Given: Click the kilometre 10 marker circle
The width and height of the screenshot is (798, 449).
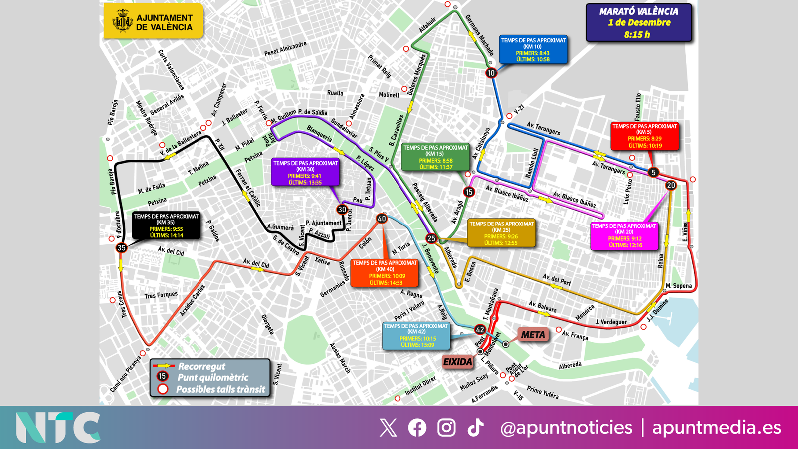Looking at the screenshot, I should click(x=491, y=73).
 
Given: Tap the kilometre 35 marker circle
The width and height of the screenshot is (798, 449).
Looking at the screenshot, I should click(x=121, y=247).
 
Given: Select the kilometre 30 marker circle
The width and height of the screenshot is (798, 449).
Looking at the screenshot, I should click(x=342, y=210).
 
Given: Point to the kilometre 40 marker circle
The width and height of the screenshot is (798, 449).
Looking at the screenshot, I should click(x=382, y=218).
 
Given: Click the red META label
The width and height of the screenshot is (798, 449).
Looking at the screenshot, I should click(x=533, y=335).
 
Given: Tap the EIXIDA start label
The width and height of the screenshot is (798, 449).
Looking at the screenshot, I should click(x=457, y=362).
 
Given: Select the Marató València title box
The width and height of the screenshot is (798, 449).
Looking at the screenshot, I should click(x=638, y=23).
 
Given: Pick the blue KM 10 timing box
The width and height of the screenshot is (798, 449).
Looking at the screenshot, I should click(x=533, y=50).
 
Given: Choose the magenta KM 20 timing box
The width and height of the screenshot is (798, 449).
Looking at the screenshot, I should click(x=624, y=235).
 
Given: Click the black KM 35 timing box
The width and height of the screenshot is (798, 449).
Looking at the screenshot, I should click(x=166, y=225).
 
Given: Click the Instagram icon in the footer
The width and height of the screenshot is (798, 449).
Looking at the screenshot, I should click(x=446, y=428).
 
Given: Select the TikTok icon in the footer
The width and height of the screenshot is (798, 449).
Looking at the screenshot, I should click(x=475, y=428).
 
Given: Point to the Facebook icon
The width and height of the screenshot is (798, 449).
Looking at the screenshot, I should click(x=417, y=428).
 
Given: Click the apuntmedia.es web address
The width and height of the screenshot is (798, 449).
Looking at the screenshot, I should click(x=716, y=428).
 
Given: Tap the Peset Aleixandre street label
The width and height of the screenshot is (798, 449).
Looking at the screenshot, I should click(x=285, y=49).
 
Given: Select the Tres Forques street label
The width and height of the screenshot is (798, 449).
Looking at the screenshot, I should click(x=161, y=295).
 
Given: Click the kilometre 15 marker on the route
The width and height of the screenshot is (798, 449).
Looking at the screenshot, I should click(x=469, y=192).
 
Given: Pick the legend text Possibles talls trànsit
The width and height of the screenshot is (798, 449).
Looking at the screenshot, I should click(x=220, y=389).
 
